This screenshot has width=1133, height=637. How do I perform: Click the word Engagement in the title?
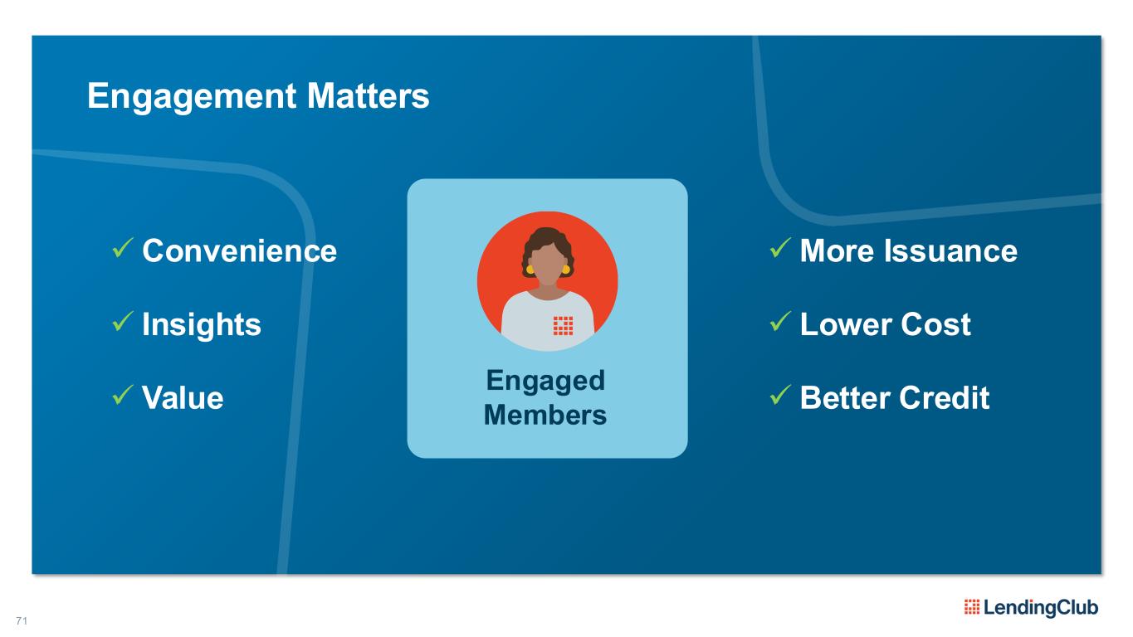point(192,96)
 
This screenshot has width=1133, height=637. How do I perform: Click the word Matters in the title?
point(369,95)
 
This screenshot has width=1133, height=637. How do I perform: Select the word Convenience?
point(239,250)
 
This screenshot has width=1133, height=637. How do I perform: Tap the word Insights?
point(202,324)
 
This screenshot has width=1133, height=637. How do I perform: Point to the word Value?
point(183,398)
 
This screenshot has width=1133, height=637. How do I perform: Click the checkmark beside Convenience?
point(122,248)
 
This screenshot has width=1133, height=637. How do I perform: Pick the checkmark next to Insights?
point(122,322)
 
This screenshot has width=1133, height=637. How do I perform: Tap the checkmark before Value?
point(122,395)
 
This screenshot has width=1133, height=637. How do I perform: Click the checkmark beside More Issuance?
point(780,248)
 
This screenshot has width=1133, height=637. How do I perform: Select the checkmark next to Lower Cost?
point(780,322)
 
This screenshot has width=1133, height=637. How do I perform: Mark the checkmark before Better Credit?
point(780,395)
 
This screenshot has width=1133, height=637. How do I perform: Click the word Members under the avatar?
point(545,415)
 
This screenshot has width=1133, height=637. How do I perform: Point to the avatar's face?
point(547,266)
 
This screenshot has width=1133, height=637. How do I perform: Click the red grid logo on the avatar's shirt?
point(563,326)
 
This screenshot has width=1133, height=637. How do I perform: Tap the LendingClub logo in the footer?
point(1031,607)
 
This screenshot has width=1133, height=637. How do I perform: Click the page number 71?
point(22,620)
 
